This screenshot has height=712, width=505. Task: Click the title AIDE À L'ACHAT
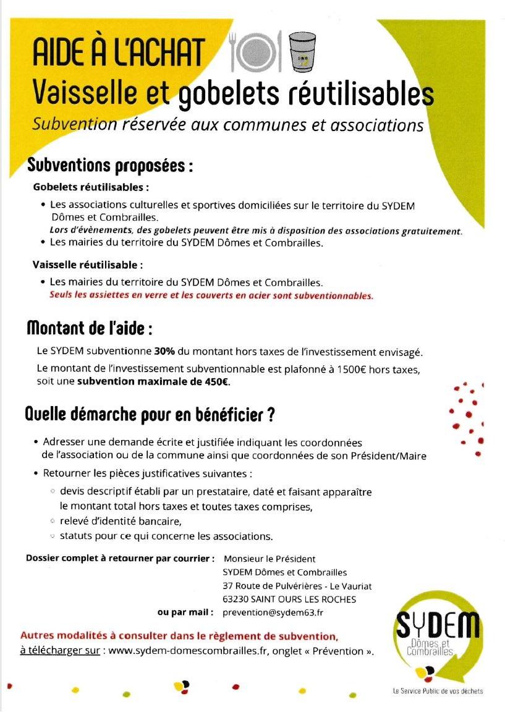[x=118, y=52]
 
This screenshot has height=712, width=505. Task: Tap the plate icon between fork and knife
[x=256, y=50]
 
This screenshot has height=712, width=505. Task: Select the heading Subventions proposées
[x=110, y=166]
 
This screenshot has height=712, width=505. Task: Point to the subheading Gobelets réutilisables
[x=91, y=187]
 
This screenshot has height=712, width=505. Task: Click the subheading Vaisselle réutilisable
[x=88, y=265]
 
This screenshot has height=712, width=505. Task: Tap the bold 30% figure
[x=164, y=352]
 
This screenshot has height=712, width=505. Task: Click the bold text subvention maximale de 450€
[x=153, y=382]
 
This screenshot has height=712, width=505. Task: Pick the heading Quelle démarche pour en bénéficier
[x=150, y=415]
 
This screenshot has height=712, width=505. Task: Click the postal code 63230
[x=236, y=599]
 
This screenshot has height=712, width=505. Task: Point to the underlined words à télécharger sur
[x=60, y=651]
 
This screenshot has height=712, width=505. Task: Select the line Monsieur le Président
[x=269, y=559]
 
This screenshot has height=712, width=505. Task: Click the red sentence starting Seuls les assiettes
[x=211, y=295]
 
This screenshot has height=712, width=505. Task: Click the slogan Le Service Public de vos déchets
[x=438, y=690]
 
